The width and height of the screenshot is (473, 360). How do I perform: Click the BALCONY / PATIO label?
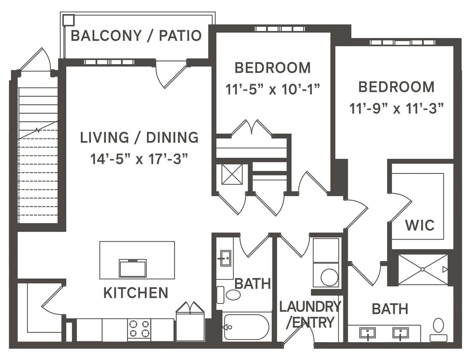136,35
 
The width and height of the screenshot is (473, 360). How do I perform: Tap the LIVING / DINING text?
139,137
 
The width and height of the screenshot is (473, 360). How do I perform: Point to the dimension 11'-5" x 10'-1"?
272,89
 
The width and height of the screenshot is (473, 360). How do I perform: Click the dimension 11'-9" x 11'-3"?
396,108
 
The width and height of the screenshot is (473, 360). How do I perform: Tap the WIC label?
420,225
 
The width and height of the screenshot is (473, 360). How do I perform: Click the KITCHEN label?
136,293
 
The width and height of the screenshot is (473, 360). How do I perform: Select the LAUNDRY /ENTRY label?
310,314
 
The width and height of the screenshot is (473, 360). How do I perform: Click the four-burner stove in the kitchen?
139,329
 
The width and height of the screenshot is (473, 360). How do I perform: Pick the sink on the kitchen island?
133,268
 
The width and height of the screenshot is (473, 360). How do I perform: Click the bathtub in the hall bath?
246,327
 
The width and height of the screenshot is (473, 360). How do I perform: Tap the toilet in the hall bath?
231,294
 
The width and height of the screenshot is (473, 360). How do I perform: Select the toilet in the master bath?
438,329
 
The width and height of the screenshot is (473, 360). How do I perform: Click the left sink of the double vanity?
368,333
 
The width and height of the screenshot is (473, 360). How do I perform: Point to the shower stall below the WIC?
423,269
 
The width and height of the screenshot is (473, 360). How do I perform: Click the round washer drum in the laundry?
329,277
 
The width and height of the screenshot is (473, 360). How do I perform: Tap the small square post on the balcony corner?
68,20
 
